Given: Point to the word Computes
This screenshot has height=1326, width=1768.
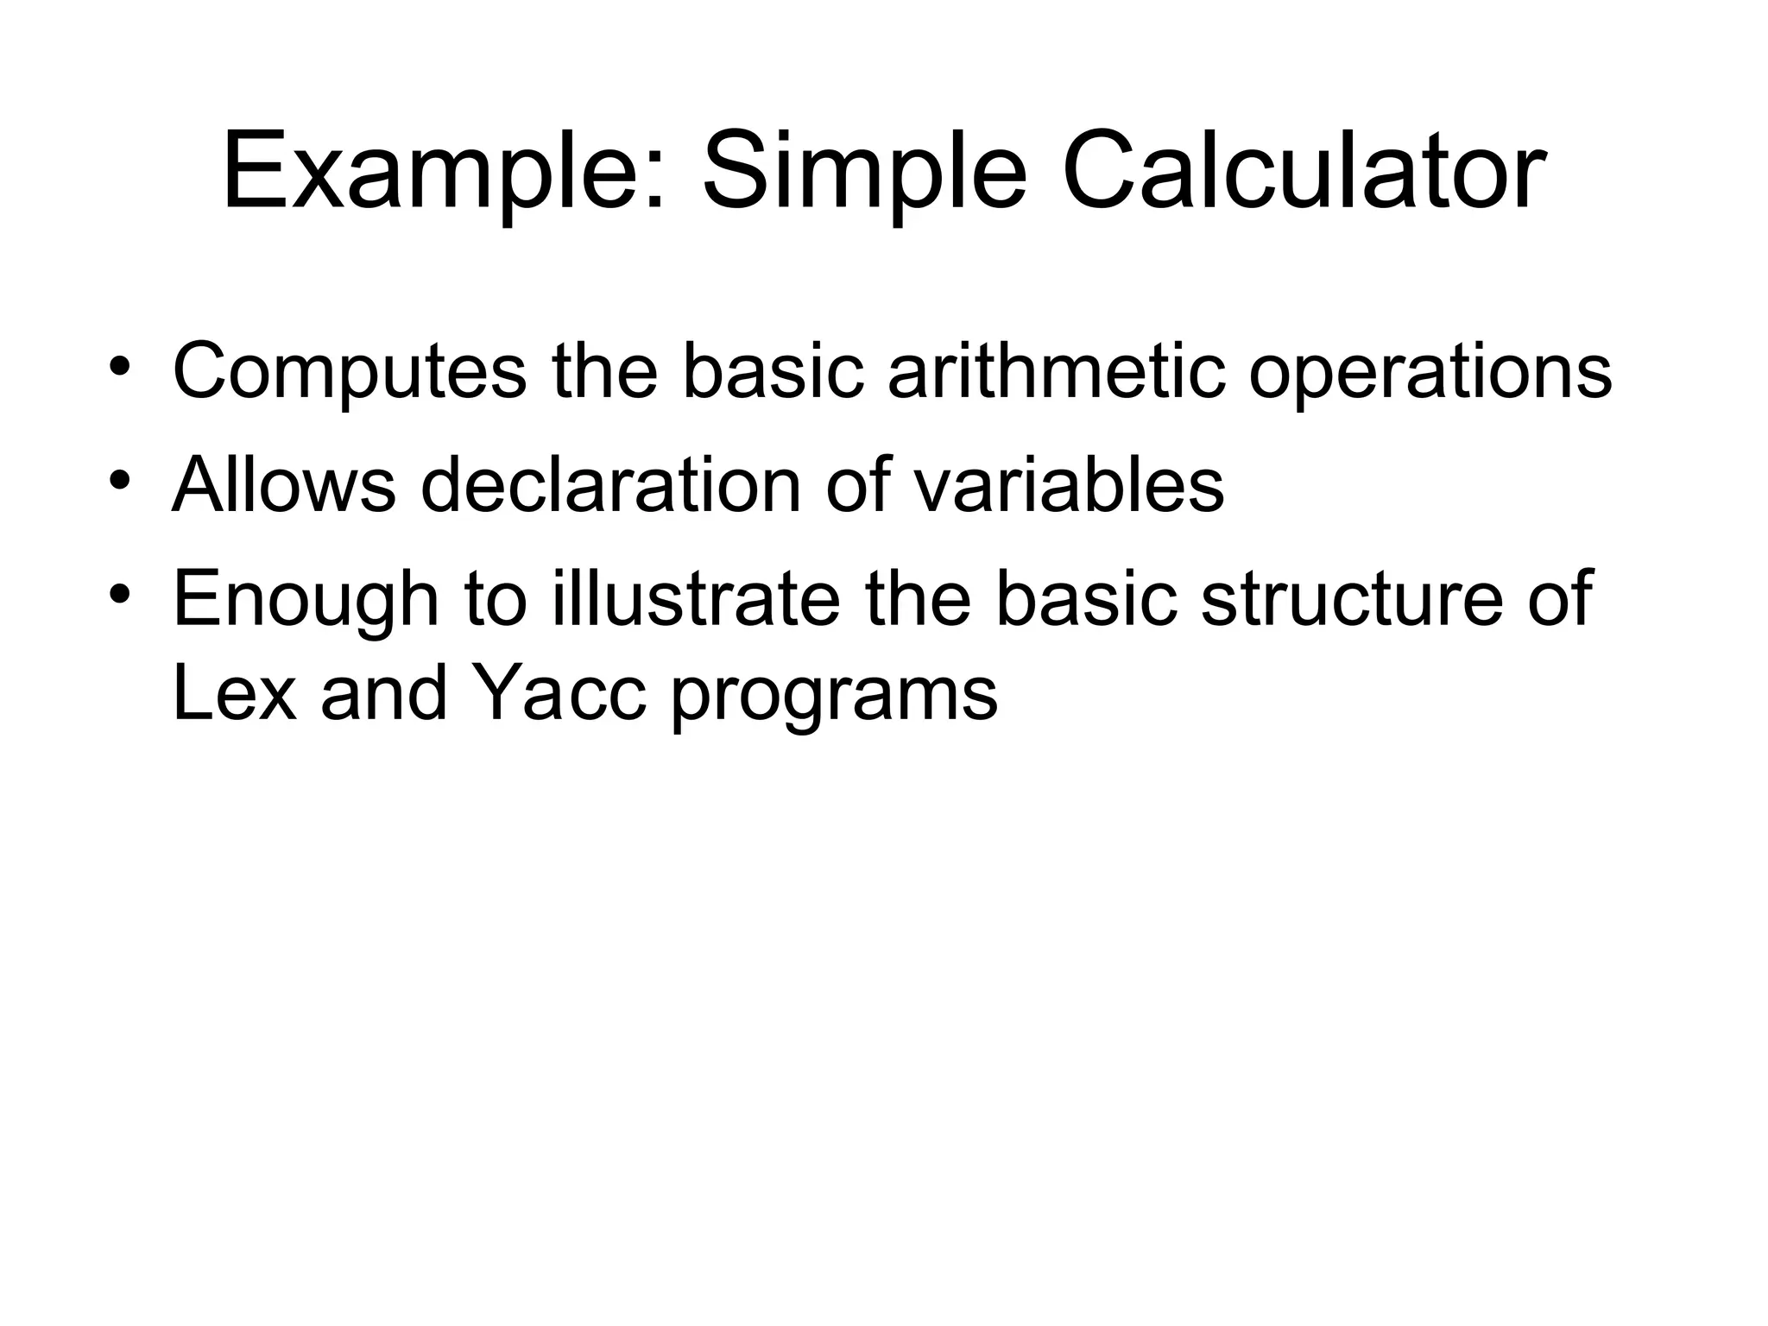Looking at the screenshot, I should tap(349, 372).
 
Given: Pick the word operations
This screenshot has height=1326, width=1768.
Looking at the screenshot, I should tap(1430, 372).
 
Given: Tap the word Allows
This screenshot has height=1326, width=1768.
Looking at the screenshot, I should tap(284, 484).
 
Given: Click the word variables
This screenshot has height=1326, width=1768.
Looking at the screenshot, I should tap(1069, 484).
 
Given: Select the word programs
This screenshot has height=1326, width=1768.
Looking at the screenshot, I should tap(834, 696).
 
